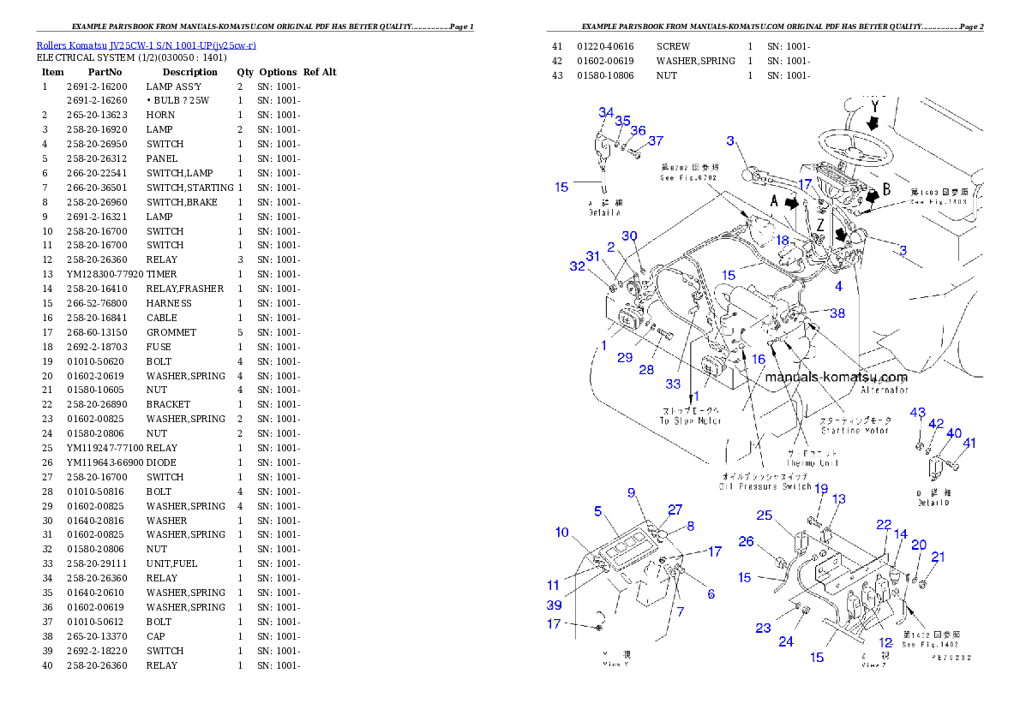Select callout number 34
point(606,113)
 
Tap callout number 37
point(656,140)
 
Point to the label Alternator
point(884,390)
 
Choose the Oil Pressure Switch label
point(765,486)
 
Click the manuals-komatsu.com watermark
point(835,377)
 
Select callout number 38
point(837,313)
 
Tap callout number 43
point(918,413)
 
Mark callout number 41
point(969,444)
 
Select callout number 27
point(675,509)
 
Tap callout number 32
point(578,266)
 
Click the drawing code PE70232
point(953,658)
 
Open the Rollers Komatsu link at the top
point(146,45)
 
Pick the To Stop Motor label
point(690,415)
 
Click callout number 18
point(782,241)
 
